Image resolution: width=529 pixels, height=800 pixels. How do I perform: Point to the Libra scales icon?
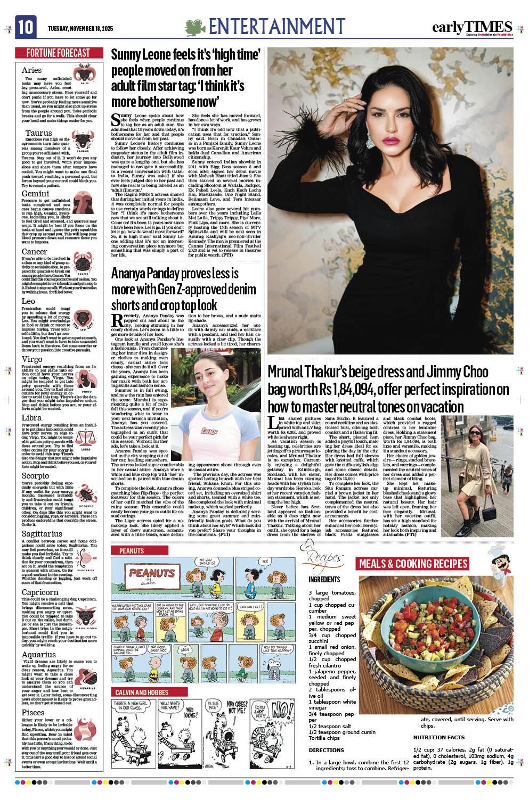click(84, 440)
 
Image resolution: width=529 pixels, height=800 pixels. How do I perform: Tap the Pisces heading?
click(34, 712)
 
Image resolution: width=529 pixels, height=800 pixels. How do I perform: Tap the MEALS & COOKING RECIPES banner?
click(413, 564)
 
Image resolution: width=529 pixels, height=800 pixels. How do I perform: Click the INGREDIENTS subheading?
click(324, 579)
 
